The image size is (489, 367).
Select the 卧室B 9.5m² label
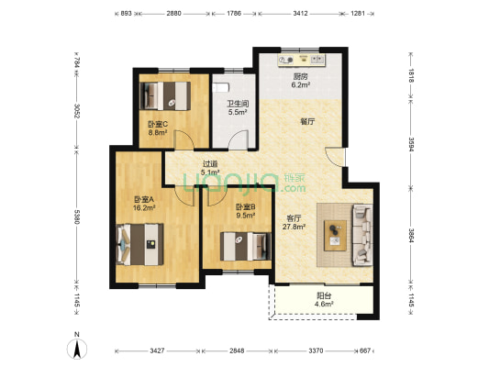pyautogui.click(x=246, y=211)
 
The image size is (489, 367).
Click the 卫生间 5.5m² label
pyautogui.click(x=238, y=107)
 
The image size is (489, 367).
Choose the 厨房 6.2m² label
pyautogui.click(x=300, y=81)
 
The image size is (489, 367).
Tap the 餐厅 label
pyautogui.click(x=307, y=121)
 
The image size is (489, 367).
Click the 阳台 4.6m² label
pyautogui.click(x=324, y=300)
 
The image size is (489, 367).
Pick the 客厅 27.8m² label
pyautogui.click(x=294, y=223)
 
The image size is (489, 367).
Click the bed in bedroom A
pyautogui.click(x=139, y=244)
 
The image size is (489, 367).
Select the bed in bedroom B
pyautogui.click(x=246, y=246)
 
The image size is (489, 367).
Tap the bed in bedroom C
pyautogui.click(x=165, y=95)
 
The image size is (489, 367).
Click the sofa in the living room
pyautogui.click(x=362, y=235)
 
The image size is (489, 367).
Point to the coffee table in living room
pyautogui.click(x=335, y=236)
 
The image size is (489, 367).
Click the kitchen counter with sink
pyautogui.click(x=302, y=60)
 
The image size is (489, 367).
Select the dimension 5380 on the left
pyautogui.click(x=77, y=217)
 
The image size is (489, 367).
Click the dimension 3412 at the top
pyautogui.click(x=300, y=14)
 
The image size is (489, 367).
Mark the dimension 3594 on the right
pyautogui.click(x=411, y=144)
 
